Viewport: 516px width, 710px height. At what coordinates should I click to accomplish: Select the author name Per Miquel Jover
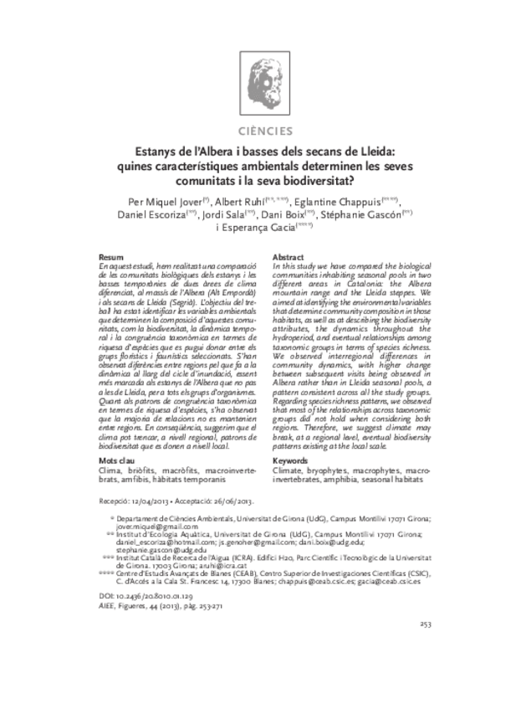coord(167,201)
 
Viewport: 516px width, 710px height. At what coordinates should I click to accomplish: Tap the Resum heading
coord(111,256)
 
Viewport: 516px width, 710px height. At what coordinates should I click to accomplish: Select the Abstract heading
coord(289,256)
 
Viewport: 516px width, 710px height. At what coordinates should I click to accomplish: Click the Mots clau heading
coord(119,461)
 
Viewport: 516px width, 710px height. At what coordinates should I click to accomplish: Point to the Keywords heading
coord(294,461)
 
